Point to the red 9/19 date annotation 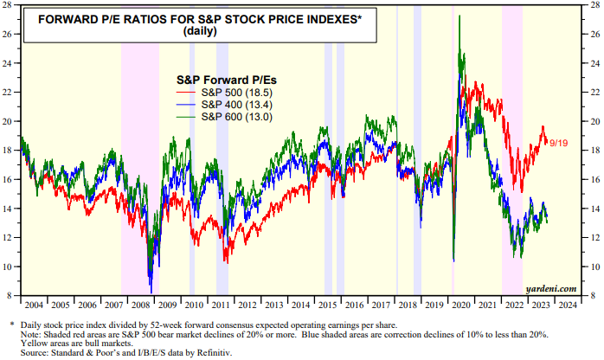(558, 141)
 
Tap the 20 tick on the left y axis (10, 121)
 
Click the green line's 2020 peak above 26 (459, 29)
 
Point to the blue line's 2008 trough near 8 (151, 292)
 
